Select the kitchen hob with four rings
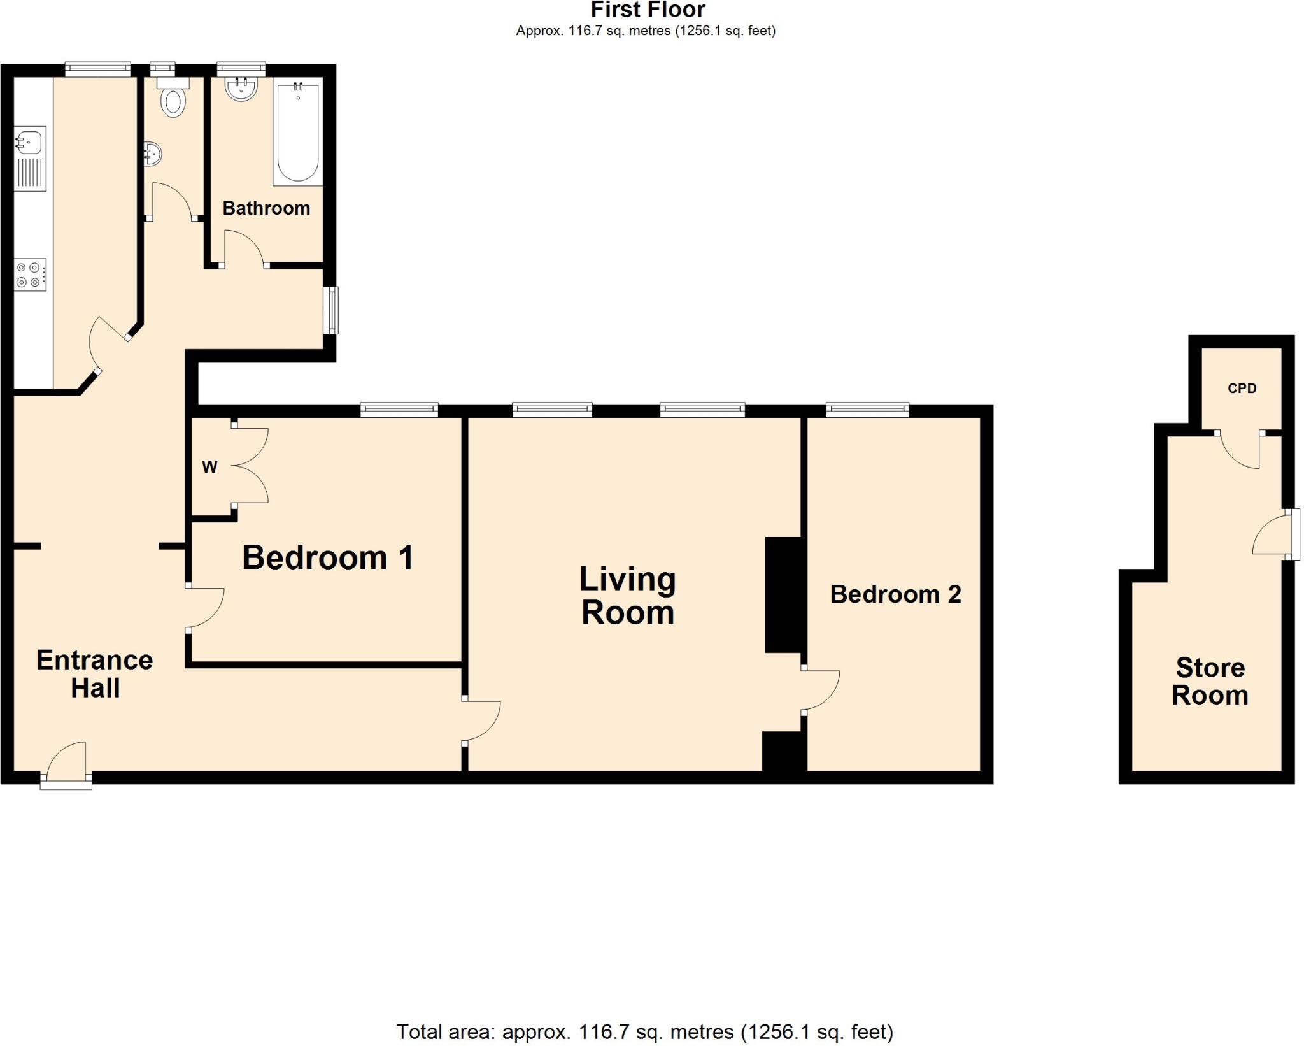[30, 275]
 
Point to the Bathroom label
[266, 208]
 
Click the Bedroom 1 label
[328, 557]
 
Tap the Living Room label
[627, 596]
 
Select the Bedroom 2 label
[895, 594]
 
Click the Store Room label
[1210, 681]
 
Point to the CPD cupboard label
[1242, 388]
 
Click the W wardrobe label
[209, 467]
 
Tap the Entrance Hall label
[95, 674]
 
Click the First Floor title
[648, 10]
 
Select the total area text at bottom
[644, 1031]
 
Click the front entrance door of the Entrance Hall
[66, 764]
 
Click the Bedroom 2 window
[867, 410]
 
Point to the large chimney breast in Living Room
[783, 594]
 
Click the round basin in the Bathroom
[241, 89]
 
